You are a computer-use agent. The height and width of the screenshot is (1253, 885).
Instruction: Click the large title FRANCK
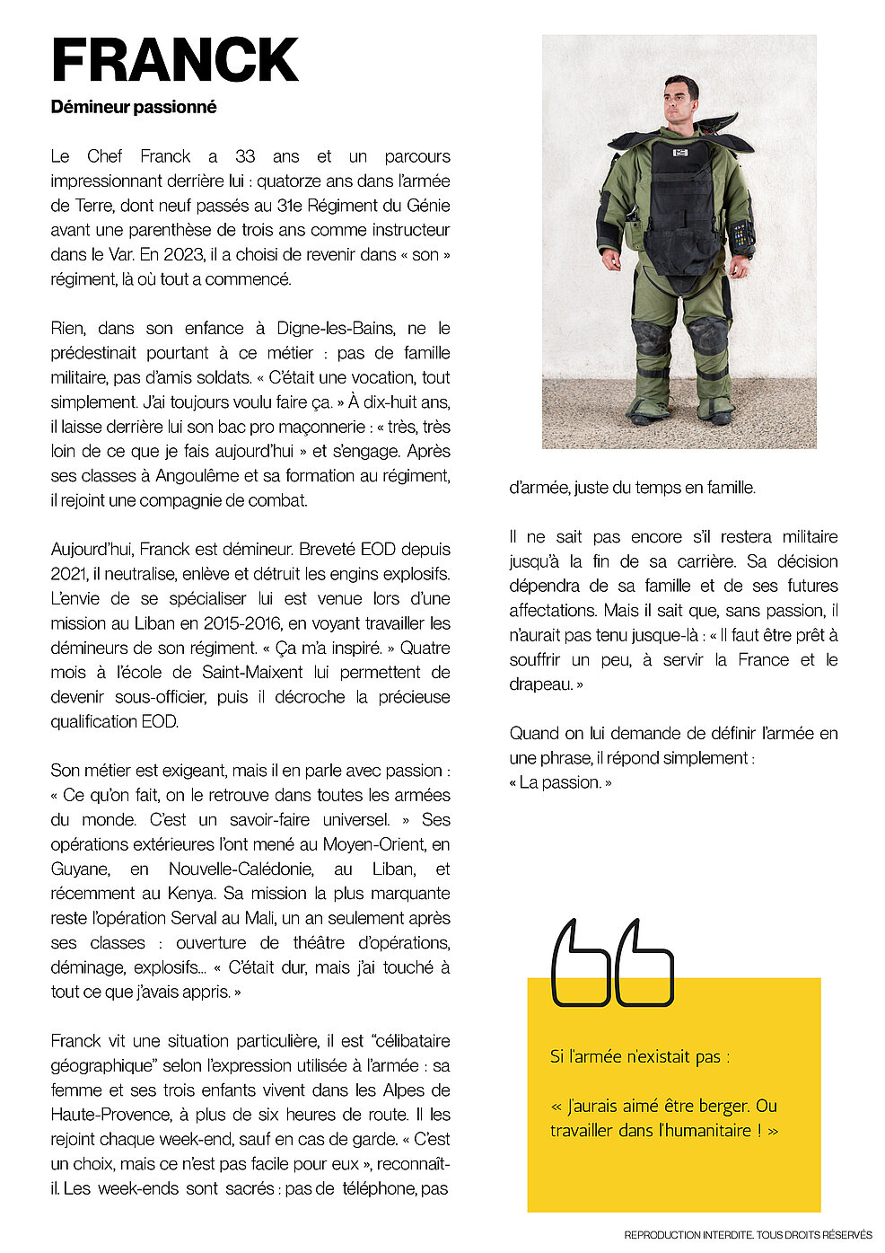click(174, 61)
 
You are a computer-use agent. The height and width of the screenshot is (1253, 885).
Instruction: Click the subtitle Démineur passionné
click(134, 107)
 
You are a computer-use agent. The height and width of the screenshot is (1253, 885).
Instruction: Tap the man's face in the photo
click(680, 100)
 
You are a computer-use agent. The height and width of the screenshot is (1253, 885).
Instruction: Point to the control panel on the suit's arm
click(740, 237)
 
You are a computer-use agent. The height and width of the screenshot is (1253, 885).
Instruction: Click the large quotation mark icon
click(612, 962)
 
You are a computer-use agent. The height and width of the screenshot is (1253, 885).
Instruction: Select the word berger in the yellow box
click(721, 1106)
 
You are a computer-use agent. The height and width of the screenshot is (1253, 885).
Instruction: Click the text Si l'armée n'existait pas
click(639, 1057)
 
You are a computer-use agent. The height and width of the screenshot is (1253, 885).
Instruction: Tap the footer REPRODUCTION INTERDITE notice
click(748, 1235)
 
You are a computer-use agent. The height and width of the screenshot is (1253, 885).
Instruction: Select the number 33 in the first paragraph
click(245, 156)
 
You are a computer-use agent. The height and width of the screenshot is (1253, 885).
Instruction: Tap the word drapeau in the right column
click(539, 684)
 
